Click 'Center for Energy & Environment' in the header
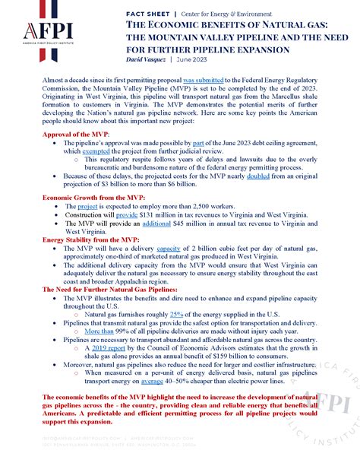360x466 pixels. pos(227,14)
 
